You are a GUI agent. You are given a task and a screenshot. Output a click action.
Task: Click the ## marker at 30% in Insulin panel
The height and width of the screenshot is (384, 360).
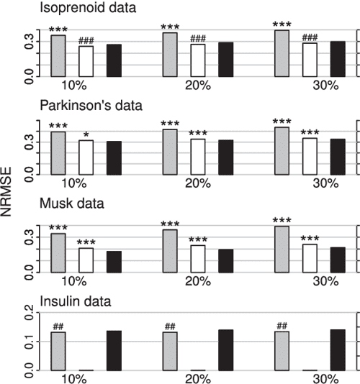282,326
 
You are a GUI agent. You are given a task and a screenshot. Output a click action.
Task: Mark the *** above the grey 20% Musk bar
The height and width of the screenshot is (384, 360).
171,224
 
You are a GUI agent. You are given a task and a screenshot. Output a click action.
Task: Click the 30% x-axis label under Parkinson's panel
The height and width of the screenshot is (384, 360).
325,183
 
